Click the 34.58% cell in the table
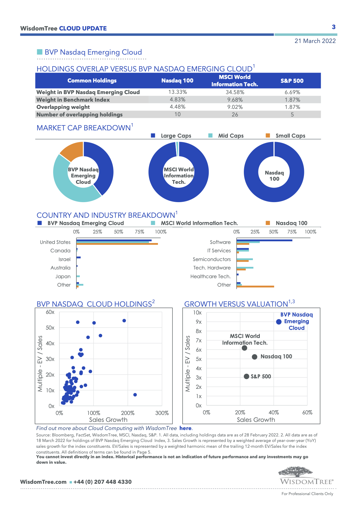pos(235,92)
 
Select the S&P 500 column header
pos(292,81)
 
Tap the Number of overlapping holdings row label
pos(80,115)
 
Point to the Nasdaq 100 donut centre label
pos(274,176)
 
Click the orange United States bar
pos(117,244)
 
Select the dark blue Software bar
pos(264,240)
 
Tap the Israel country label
pos(64,259)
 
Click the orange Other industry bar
pos(255,287)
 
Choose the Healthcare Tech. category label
pos(210,276)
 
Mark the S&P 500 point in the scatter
pos(246,376)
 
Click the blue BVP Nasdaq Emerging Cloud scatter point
pos(279,322)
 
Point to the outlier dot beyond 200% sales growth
pos(135,395)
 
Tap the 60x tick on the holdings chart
pos(50,312)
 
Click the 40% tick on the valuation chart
pos(273,413)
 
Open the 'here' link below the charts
pos(185,428)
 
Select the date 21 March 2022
pos(315,41)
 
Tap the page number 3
pos(334,27)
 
